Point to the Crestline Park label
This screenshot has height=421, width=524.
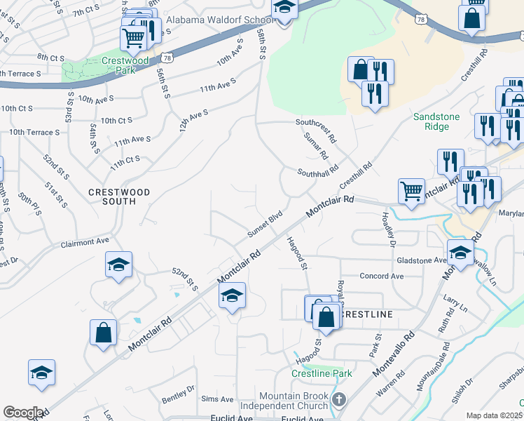(x=322, y=373)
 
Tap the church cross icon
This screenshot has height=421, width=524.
(x=339, y=401)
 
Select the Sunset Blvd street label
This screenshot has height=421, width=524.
(x=265, y=223)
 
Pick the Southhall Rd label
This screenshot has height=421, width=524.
(x=317, y=171)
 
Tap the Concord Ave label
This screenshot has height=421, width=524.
(x=381, y=276)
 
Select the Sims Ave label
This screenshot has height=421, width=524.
(x=216, y=399)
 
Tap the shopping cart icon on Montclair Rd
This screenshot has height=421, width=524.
(x=411, y=191)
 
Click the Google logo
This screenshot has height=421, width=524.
(x=23, y=413)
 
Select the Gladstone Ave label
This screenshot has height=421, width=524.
(x=421, y=260)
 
